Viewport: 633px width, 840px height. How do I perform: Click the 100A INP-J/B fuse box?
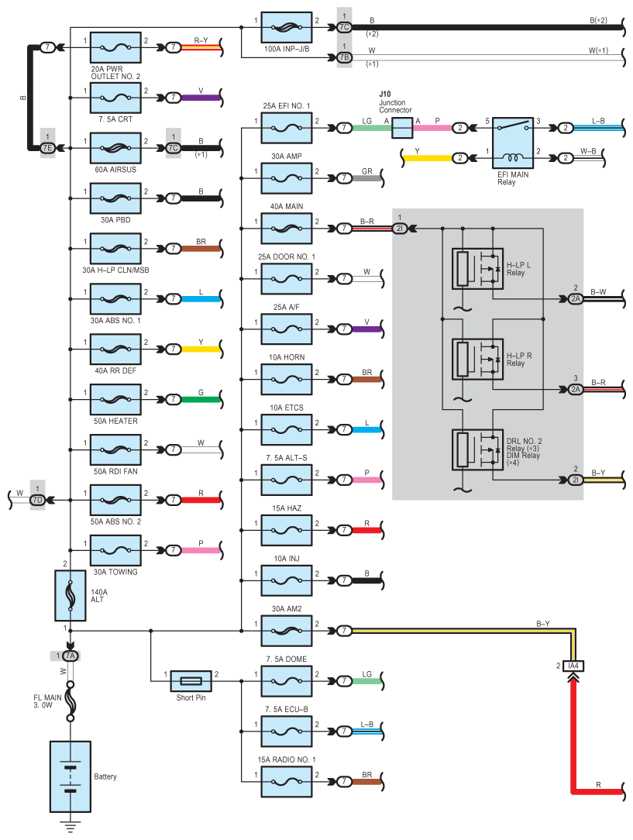coord(287,27)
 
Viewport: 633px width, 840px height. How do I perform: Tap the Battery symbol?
coord(71,776)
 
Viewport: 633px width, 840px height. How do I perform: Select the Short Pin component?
coord(191,681)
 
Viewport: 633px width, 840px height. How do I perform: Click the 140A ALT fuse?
coord(71,595)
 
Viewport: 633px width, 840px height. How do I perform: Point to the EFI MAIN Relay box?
coord(513,143)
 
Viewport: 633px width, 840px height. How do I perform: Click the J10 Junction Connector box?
coord(402,128)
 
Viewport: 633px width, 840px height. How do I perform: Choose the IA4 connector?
coord(573,666)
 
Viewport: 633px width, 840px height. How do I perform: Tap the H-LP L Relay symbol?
coord(478,268)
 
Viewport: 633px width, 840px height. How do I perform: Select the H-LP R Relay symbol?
coord(478,359)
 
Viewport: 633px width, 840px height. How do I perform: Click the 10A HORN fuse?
coord(287,379)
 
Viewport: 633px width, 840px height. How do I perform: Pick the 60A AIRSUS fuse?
coord(115,148)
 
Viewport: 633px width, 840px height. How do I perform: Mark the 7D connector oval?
coord(37,500)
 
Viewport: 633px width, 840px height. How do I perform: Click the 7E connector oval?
coord(47,148)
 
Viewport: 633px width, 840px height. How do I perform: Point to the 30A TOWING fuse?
coord(115,550)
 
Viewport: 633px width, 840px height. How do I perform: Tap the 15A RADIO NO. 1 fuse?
coord(287,782)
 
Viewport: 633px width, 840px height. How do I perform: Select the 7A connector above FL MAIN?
coord(71,656)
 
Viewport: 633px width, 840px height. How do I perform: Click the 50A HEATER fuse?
coord(115,399)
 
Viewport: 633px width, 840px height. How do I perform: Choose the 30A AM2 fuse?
coord(287,631)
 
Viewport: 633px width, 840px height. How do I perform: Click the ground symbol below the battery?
coord(71,825)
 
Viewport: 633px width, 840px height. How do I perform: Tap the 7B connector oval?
coord(344,57)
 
